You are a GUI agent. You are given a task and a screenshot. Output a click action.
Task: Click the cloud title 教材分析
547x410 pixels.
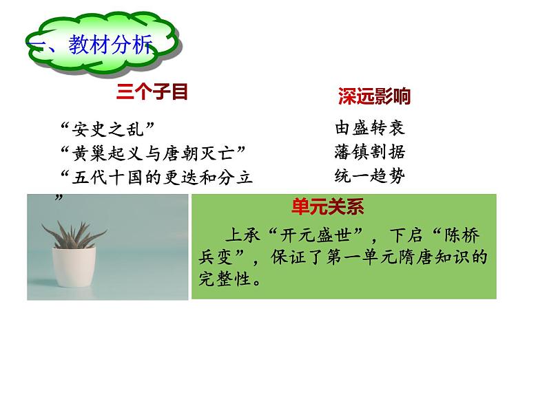pos(110,45)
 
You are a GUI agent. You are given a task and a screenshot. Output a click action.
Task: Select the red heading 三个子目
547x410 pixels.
pos(152,92)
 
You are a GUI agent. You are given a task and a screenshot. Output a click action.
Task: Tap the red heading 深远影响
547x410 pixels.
pos(373,96)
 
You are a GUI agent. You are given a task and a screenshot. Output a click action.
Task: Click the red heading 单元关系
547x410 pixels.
pos(327,206)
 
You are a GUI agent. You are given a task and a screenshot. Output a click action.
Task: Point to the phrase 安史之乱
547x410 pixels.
pos(107,129)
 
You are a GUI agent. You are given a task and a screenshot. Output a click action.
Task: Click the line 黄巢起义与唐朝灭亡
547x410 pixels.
pos(154,153)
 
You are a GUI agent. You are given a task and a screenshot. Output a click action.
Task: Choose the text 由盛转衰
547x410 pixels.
pos(370,127)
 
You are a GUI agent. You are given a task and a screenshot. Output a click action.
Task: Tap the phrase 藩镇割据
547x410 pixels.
pos(370,152)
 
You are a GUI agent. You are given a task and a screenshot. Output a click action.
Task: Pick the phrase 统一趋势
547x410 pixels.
pos(370,175)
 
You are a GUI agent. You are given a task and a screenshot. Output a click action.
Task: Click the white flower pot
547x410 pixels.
pos(74,267)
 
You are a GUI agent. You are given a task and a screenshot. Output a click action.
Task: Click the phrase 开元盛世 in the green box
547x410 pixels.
pos(316,235)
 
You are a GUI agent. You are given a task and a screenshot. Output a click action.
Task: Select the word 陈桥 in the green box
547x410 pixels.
pos(462,235)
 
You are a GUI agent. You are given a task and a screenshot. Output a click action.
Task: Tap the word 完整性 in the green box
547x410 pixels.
pos(225,279)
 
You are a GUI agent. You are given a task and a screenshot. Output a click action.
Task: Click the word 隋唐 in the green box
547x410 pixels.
pos(416,257)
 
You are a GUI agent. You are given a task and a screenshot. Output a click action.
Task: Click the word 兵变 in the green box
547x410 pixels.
pos(216,257)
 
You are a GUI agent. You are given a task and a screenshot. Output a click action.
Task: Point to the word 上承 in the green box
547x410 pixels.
pos(243,235)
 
